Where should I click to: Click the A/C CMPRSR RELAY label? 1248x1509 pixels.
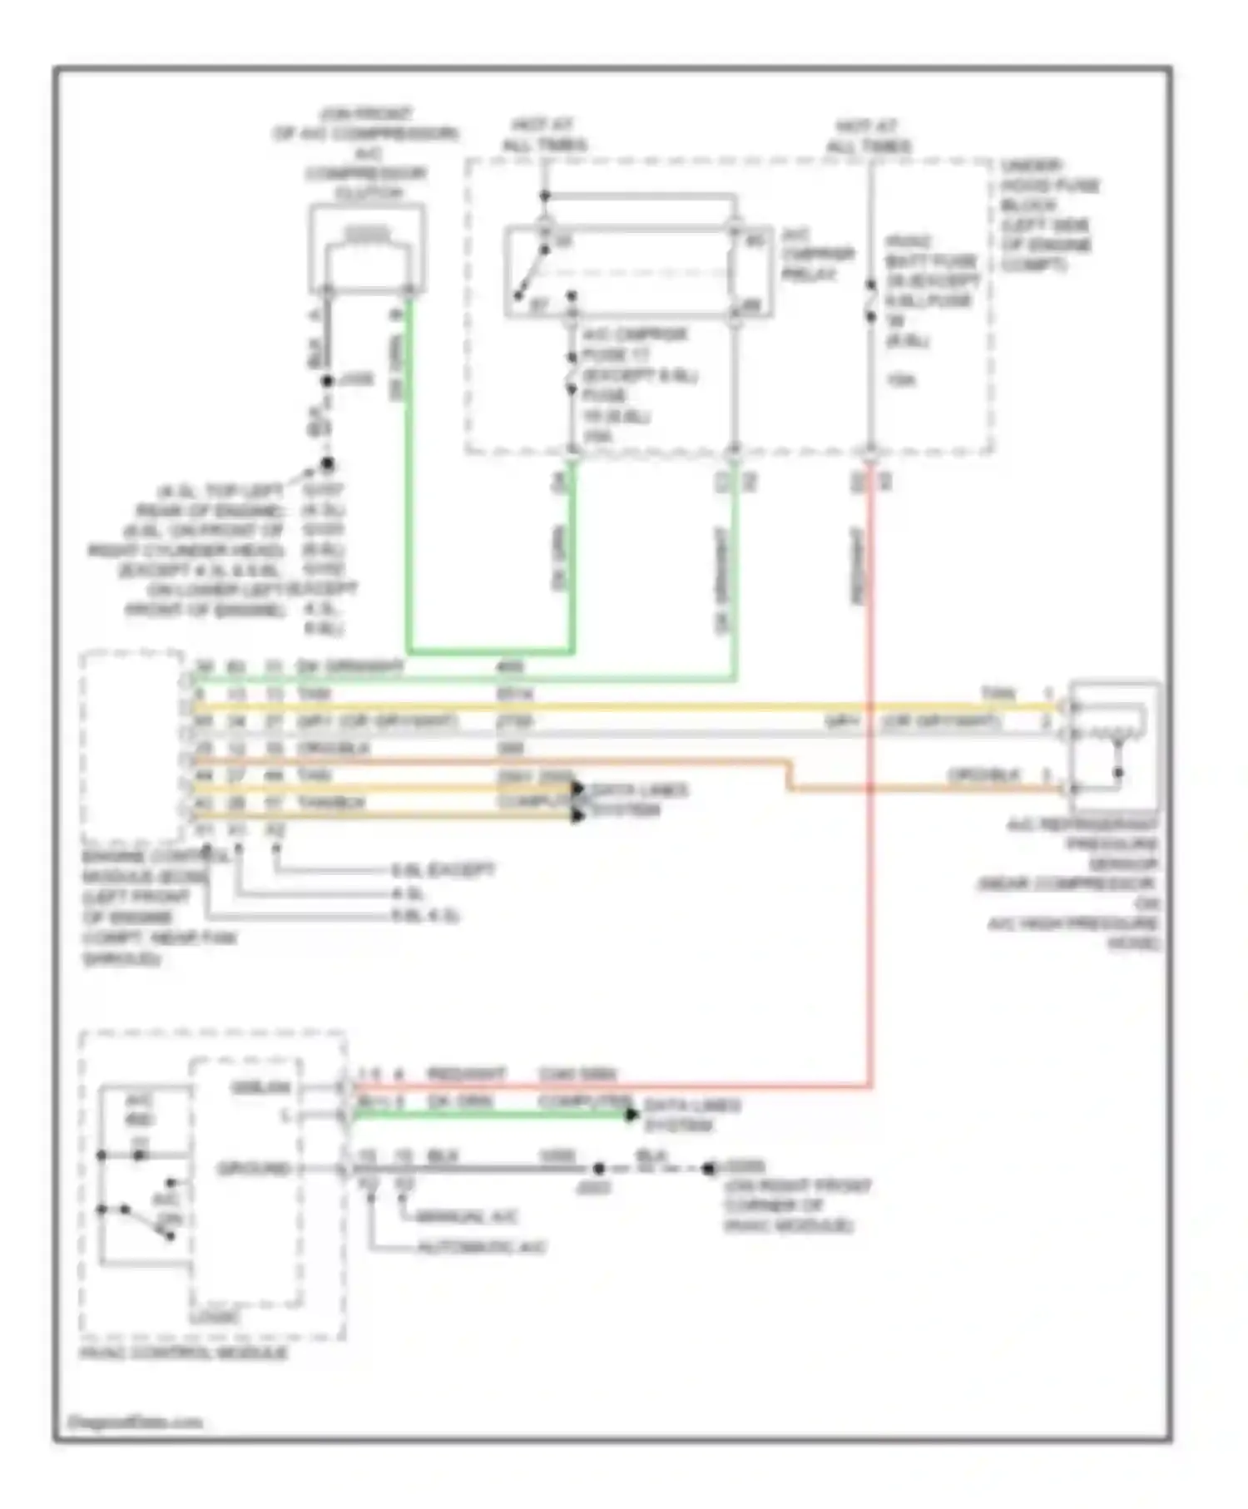pyautogui.click(x=818, y=255)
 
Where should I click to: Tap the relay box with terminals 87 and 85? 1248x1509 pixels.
pyautogui.click(x=638, y=271)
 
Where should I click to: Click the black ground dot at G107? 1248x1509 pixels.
pyautogui.click(x=328, y=464)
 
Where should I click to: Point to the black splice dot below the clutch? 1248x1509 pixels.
pyautogui.click(x=328, y=381)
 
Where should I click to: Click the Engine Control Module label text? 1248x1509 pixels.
pyautogui.click(x=146, y=907)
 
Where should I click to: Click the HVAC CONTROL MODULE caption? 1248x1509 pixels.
pyautogui.click(x=184, y=1353)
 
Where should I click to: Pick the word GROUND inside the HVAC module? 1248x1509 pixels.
pyautogui.click(x=253, y=1169)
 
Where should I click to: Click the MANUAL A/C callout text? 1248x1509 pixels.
pyautogui.click(x=466, y=1217)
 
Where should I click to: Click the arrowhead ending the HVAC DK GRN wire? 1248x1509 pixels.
pyautogui.click(x=632, y=1114)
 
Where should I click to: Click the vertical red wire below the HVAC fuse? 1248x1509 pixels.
pyautogui.click(x=870, y=749)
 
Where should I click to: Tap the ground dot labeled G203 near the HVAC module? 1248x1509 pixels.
pyautogui.click(x=709, y=1169)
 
